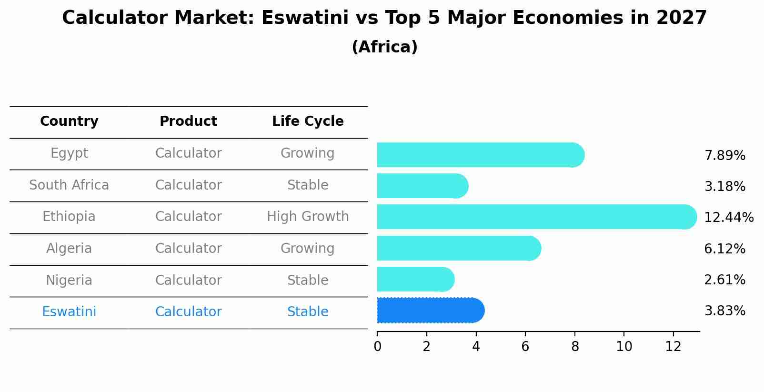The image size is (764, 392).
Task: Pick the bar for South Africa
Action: coord(422,186)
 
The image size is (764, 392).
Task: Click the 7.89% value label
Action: coord(724,156)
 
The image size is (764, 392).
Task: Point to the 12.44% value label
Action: coord(728,218)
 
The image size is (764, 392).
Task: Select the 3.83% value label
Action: coord(724,311)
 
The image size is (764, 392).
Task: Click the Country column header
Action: coord(69,121)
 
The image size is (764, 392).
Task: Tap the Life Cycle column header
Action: coord(308,121)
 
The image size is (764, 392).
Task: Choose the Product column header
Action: coord(188,121)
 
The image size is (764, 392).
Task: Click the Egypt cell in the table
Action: coord(69,153)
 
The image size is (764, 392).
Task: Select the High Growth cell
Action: coord(308,217)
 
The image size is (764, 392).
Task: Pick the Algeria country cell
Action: coord(69,249)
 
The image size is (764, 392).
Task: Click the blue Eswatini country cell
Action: coord(69,312)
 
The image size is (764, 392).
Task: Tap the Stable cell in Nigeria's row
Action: coord(308,280)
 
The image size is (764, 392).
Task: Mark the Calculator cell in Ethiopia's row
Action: coord(188,217)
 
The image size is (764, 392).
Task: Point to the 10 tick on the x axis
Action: coord(624,347)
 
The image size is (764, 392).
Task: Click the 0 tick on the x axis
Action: coord(377,347)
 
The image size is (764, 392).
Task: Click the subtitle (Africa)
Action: coord(384,47)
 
